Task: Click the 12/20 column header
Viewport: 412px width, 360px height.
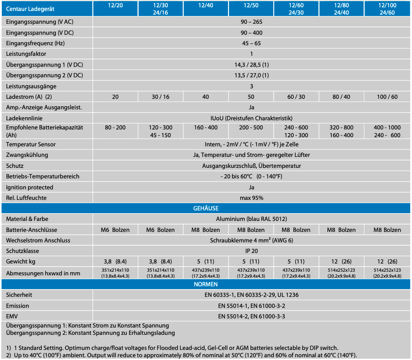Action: pos(115,5)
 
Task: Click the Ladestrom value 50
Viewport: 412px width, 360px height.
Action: pos(251,97)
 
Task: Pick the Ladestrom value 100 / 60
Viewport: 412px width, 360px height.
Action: pos(387,97)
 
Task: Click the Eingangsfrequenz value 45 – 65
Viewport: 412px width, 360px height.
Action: pos(251,43)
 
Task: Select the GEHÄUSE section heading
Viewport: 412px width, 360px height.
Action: pos(206,209)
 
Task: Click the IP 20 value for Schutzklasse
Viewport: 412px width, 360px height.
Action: pos(251,251)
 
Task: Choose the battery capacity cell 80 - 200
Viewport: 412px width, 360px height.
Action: pos(115,128)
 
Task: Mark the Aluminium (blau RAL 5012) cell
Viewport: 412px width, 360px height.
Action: pos(251,219)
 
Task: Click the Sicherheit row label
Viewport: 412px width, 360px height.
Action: pos(19,295)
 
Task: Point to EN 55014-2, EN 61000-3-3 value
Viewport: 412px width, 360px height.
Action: pos(251,316)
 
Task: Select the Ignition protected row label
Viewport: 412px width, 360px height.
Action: pos(30,187)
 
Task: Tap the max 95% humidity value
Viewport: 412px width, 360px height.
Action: pos(251,198)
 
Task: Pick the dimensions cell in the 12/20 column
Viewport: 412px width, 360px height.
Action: pos(115,273)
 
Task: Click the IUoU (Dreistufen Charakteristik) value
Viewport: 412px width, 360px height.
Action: pos(251,118)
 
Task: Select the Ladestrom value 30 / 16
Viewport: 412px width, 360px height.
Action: pos(160,97)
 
